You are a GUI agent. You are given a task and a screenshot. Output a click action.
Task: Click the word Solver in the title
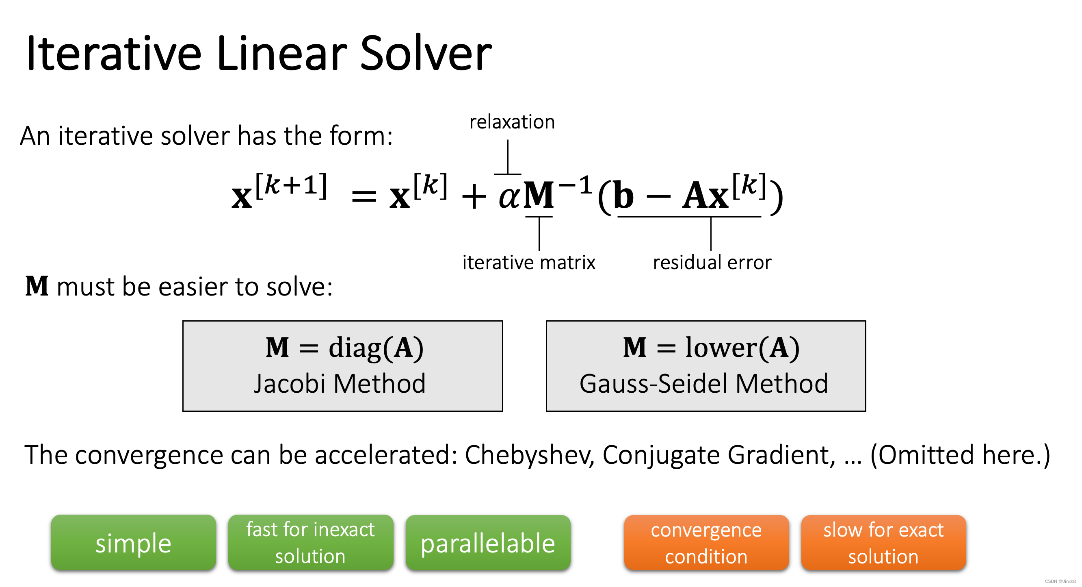(426, 54)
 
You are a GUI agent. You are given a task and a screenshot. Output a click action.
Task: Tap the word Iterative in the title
(114, 54)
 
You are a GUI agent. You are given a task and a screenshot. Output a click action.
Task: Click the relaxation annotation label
(512, 122)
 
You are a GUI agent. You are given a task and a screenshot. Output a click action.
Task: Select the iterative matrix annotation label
(529, 263)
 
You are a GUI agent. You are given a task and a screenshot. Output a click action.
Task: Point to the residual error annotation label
(712, 263)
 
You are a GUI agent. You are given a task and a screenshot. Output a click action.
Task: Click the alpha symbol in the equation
(509, 196)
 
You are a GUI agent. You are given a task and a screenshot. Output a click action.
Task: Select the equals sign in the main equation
(364, 197)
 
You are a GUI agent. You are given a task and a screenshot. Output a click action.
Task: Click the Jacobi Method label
(340, 383)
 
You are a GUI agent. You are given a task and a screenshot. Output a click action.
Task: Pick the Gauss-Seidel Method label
(703, 383)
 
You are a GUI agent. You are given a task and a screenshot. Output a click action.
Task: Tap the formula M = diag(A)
(344, 348)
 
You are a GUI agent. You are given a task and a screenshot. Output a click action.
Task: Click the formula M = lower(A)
(711, 348)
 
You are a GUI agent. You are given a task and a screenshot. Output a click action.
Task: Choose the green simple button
(134, 543)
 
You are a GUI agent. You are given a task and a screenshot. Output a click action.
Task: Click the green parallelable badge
(488, 543)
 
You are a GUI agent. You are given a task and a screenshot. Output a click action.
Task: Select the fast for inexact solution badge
(310, 543)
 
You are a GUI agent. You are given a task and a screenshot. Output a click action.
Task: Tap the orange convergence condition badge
(706, 543)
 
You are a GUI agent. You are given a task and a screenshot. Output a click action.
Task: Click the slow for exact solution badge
(883, 543)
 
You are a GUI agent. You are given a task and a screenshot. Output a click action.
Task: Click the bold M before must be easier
(37, 287)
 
